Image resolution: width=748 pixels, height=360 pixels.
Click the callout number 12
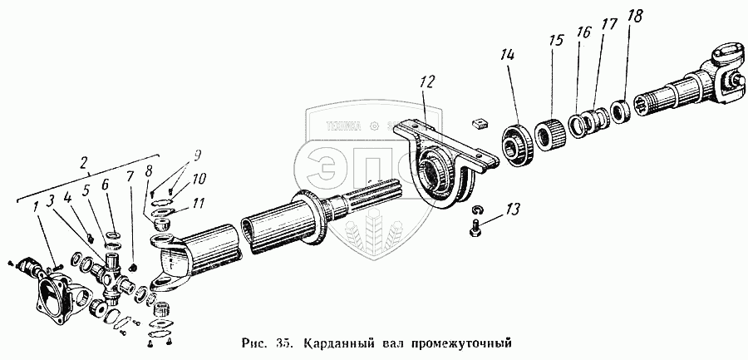click(x=427, y=83)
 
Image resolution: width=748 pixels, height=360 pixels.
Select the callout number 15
click(x=554, y=41)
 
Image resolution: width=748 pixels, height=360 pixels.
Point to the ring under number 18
click(x=619, y=110)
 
